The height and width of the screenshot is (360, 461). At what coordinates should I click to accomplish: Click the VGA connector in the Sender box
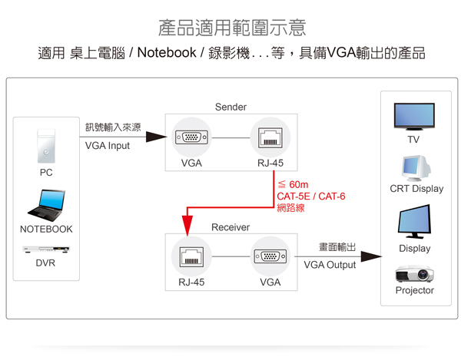(x=191, y=139)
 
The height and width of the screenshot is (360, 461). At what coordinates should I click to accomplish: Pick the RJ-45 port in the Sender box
(x=269, y=139)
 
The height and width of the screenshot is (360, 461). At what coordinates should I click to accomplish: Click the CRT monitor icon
(x=416, y=168)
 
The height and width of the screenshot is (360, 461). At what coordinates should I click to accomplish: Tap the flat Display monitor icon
(x=414, y=223)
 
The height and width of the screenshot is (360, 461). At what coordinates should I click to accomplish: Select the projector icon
(x=415, y=273)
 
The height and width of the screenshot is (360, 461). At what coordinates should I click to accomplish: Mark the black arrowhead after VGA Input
(x=156, y=137)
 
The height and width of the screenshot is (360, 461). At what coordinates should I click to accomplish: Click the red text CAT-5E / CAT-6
(x=310, y=197)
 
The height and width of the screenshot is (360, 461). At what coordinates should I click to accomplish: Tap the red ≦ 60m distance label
(x=293, y=184)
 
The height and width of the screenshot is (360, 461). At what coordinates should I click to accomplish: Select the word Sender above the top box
(x=230, y=107)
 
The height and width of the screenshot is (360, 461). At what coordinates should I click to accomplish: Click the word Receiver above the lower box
(x=230, y=227)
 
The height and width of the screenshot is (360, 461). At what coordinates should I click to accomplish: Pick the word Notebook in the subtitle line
(x=165, y=54)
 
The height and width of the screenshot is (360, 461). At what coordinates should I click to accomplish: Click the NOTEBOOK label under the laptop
(x=46, y=229)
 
